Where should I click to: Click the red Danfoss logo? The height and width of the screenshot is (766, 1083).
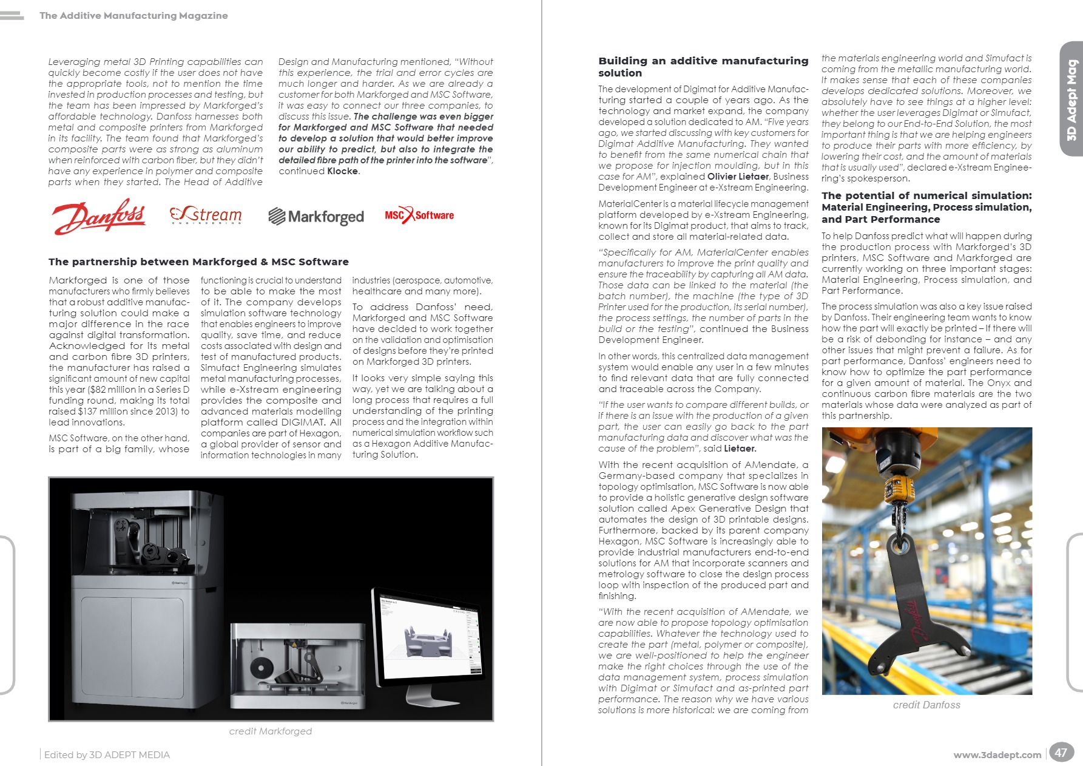99,216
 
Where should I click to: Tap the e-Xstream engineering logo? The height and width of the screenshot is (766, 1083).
206,215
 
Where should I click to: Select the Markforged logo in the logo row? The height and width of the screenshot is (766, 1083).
316,217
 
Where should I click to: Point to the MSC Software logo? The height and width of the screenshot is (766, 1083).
419,215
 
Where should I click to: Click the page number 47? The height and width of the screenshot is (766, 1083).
1061,753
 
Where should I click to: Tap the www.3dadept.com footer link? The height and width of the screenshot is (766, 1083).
997,755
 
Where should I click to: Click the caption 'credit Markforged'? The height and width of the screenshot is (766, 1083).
271,731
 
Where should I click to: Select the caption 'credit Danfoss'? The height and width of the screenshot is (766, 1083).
926,705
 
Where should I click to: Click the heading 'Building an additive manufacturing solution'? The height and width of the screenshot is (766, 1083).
703,67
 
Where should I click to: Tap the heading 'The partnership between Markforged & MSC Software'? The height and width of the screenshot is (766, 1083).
198,262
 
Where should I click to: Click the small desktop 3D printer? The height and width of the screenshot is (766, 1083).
297,666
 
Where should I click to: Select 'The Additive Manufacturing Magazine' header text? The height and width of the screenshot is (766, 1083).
133,16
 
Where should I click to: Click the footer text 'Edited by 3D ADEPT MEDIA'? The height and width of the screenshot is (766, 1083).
107,755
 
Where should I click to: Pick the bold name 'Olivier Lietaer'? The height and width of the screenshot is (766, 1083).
738,177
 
